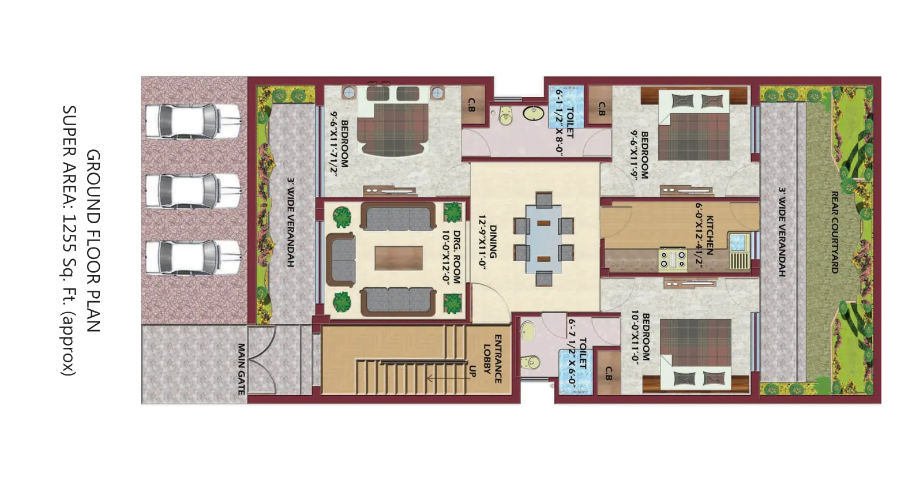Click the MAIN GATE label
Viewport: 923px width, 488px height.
pyautogui.click(x=242, y=369)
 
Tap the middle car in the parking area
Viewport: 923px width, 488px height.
pyautogui.click(x=193, y=191)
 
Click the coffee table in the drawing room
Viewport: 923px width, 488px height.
pyautogui.click(x=399, y=258)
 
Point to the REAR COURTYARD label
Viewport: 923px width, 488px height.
pyautogui.click(x=835, y=232)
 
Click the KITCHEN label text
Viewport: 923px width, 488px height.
pyautogui.click(x=710, y=235)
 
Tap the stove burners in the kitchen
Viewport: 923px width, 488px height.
pyautogui.click(x=673, y=260)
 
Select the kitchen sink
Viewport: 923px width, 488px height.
pyautogui.click(x=738, y=243)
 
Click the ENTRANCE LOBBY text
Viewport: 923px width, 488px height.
pyautogui.click(x=492, y=359)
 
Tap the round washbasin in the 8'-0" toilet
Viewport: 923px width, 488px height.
pyautogui.click(x=534, y=113)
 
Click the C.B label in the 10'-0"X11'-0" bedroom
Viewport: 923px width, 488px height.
pyautogui.click(x=609, y=374)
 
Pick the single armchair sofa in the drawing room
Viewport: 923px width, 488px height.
pyautogui.click(x=340, y=260)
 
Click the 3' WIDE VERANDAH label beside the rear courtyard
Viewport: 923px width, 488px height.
pyautogui.click(x=782, y=232)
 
